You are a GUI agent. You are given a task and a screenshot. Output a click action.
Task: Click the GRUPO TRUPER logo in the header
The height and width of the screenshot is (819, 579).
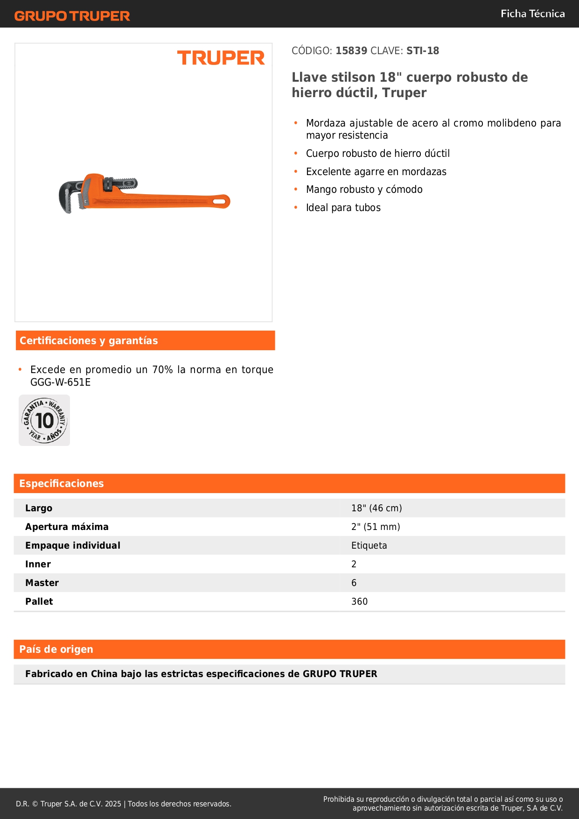point(72,16)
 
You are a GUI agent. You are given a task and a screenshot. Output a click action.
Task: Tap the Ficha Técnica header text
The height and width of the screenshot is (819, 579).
point(532,14)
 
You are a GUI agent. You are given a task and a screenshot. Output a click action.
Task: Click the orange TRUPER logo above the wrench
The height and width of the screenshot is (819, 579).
point(221,58)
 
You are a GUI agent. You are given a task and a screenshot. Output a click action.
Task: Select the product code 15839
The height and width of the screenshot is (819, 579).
point(351,50)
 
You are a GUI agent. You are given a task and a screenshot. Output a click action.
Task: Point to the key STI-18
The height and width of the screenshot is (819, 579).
point(423,50)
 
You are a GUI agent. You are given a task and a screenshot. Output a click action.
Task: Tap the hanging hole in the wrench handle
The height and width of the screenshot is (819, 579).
point(218,202)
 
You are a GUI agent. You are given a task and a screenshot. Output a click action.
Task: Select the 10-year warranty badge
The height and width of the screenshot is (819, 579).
point(44,420)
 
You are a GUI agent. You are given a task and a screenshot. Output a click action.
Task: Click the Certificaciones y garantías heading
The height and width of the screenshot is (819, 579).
point(89,340)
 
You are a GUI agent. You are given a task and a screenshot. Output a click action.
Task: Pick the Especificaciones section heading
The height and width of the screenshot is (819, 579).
point(62,483)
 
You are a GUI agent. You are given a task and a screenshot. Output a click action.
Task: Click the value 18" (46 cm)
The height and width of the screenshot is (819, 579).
point(377,508)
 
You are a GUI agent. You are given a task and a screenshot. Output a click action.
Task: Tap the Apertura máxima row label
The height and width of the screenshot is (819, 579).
point(67,527)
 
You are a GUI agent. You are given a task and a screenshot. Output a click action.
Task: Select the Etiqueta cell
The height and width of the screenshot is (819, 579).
point(369,545)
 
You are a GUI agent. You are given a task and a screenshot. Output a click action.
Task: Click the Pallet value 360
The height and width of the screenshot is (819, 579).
point(359,601)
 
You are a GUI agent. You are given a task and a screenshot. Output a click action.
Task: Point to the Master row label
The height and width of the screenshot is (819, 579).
point(42,583)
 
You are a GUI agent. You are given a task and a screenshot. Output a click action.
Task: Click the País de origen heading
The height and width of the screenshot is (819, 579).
point(56,649)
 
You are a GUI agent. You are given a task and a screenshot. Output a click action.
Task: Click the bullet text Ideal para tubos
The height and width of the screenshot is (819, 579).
point(343,208)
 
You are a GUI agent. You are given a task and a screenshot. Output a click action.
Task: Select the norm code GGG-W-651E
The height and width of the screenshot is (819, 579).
point(61,382)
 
